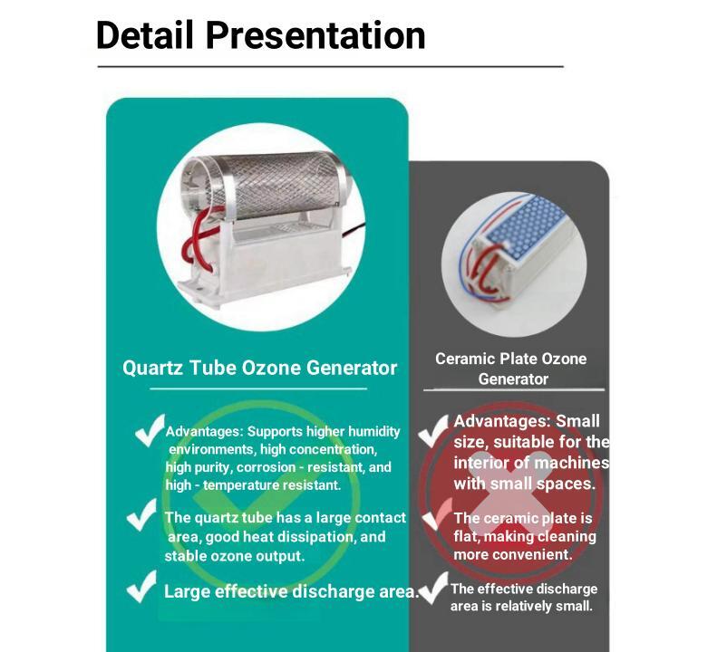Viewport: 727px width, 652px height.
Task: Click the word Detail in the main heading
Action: coord(144,35)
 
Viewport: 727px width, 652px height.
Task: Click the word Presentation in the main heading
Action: coord(315,35)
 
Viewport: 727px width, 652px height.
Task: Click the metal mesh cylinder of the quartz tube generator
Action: coord(274,186)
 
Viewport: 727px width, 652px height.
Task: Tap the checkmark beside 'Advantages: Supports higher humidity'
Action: coord(150,430)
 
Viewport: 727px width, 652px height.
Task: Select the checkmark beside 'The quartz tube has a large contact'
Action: coord(141,514)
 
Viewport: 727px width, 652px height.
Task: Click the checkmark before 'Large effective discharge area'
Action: coord(141,586)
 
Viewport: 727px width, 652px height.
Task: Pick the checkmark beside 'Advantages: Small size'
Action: coord(433,431)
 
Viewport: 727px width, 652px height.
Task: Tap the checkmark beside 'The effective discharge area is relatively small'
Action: coord(433,588)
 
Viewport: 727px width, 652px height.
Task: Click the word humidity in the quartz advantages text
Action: coord(373,432)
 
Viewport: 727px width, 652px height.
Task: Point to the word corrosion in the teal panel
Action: coord(266,467)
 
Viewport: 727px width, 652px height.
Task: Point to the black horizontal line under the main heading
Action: coord(330,67)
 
